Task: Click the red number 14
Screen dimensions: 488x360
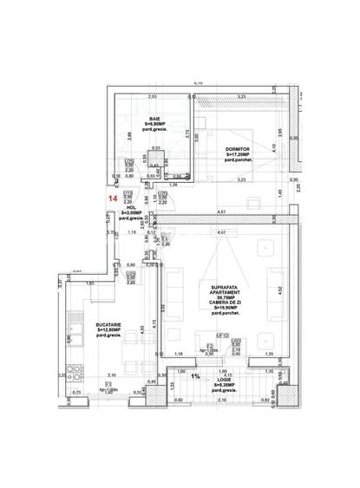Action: [111, 198]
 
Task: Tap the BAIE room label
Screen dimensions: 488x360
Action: [154, 119]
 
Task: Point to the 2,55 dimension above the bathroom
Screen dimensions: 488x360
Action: [152, 96]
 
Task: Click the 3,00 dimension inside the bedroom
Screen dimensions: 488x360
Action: [197, 136]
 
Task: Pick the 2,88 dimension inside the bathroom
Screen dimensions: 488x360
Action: [128, 134]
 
